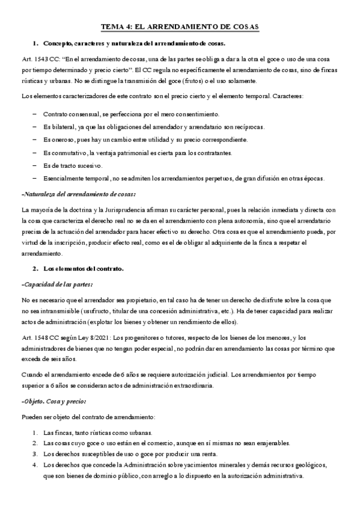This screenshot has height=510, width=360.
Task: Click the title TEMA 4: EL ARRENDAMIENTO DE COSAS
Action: [180, 27]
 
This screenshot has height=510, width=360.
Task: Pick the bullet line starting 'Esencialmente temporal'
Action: [183, 178]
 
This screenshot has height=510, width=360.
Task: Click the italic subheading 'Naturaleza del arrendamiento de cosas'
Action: [79, 194]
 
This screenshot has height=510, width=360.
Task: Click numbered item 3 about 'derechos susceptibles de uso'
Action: [130, 453]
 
